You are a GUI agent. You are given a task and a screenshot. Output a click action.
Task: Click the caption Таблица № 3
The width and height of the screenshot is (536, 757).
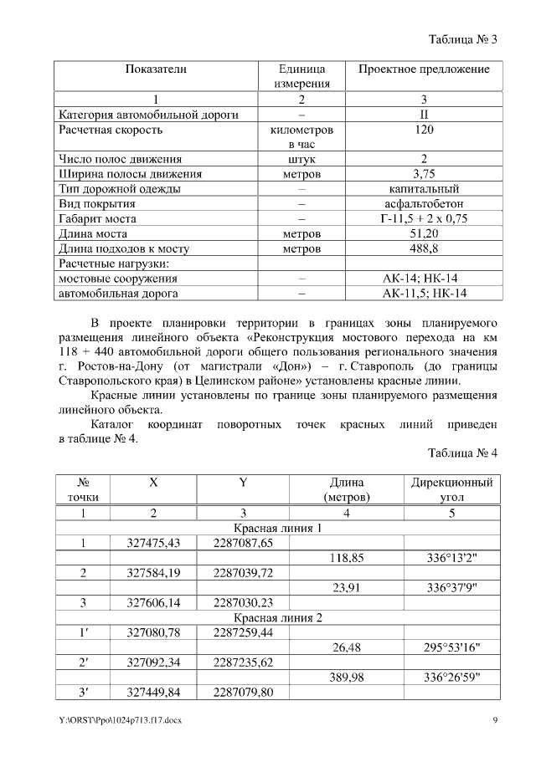(x=462, y=39)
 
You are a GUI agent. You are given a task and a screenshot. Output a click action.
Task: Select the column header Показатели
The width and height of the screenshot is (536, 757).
(x=156, y=69)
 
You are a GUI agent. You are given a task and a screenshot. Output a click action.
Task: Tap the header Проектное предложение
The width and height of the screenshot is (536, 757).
(x=424, y=69)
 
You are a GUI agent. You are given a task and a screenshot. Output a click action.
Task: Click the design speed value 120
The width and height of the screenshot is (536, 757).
(x=424, y=130)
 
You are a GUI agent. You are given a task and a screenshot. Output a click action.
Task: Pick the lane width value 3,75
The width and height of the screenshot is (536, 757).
(x=424, y=174)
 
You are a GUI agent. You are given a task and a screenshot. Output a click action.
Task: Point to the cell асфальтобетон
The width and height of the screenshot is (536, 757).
(x=424, y=204)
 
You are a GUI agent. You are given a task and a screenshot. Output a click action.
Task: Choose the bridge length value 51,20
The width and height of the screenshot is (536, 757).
(x=424, y=233)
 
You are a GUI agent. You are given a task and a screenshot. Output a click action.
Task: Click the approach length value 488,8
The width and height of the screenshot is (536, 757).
(x=424, y=248)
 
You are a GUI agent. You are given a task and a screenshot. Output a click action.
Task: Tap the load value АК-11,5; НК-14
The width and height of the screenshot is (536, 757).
(x=424, y=293)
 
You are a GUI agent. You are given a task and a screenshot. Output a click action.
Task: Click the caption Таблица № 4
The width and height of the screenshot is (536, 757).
(x=462, y=453)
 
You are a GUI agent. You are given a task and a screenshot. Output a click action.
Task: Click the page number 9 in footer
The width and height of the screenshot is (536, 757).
(x=495, y=720)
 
